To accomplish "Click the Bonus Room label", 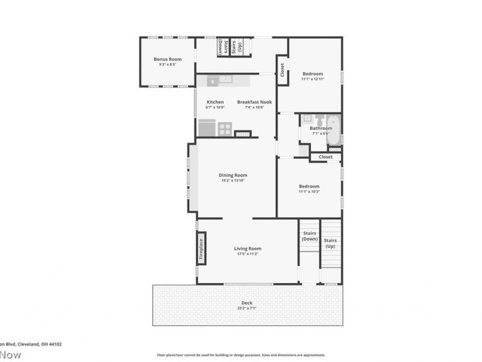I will (167, 59).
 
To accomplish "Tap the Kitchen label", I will (215, 102).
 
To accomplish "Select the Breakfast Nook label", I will (254, 102).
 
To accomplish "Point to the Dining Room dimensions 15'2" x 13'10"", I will (233, 180).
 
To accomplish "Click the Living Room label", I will (248, 249).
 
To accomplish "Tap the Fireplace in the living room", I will (201, 248).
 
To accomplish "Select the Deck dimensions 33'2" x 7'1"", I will (247, 308).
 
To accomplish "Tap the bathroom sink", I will (307, 118).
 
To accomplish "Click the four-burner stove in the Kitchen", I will (225, 129).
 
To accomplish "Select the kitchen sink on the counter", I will (225, 79).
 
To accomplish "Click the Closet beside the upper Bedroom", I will (282, 71).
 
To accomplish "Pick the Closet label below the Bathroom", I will (325, 157).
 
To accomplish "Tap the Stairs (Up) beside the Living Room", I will (330, 243).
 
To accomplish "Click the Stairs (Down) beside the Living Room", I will (310, 236).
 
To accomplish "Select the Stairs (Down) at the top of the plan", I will (221, 48).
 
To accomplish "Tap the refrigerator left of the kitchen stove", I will (207, 129).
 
